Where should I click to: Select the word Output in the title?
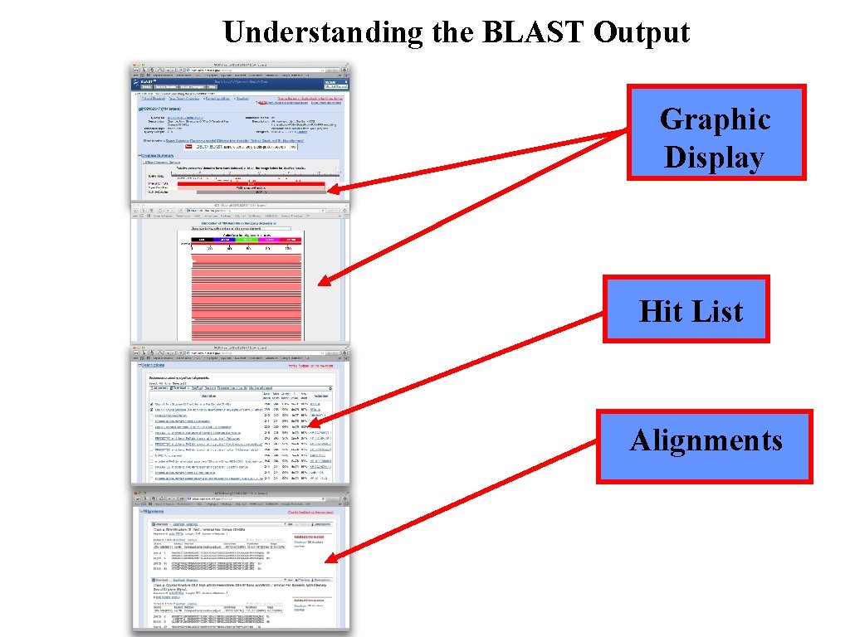coord(642,33)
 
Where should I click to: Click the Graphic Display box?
coord(716,133)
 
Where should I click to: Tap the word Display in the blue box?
coord(714,157)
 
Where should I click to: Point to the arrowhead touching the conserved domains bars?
coord(331,191)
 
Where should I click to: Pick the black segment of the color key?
coord(203,240)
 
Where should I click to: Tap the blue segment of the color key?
coord(224,240)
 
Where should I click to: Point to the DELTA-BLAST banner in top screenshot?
coord(241,147)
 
